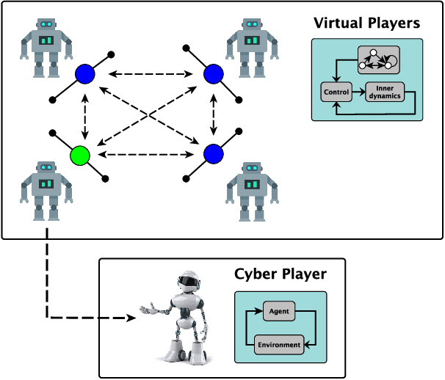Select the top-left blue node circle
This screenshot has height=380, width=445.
coord(86,73)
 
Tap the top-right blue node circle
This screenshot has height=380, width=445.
coord(214,73)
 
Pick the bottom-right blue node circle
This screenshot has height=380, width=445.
coord(213,154)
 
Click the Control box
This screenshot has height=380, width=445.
coord(334,92)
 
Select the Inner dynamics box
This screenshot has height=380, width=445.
coord(386,92)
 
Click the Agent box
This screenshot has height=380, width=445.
coord(278,311)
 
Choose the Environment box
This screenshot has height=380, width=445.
coord(278,344)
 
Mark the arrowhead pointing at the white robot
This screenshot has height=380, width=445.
coord(131,318)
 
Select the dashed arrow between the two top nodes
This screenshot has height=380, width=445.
coord(149,73)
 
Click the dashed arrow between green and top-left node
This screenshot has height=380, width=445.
coord(84,114)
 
